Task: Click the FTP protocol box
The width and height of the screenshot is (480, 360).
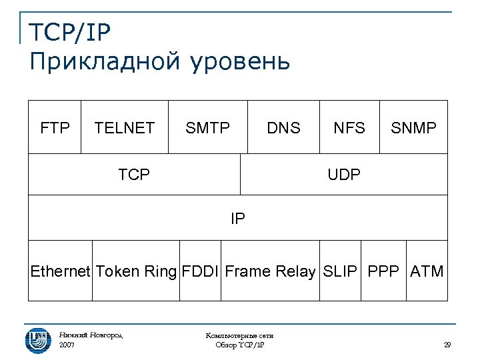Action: point(55,127)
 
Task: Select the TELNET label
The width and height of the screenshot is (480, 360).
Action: point(125,127)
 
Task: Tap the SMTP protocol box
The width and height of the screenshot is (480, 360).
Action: point(207,127)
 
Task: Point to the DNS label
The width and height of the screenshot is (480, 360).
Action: point(283,127)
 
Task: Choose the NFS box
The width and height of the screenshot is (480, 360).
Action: point(349,127)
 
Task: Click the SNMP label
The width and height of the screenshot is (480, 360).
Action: point(413,127)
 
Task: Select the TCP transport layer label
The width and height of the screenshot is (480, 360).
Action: point(134,175)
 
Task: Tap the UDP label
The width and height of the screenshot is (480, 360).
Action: point(344,175)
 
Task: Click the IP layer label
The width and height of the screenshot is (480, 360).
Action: point(238,218)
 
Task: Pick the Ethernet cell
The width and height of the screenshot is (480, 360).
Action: point(60,271)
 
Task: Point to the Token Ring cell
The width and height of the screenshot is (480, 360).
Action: point(136,271)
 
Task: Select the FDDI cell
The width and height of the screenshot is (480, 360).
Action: point(200,271)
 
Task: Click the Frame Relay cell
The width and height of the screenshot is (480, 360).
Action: point(270,271)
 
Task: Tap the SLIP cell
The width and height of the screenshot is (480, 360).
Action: point(340,271)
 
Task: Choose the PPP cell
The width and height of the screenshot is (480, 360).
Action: point(384,271)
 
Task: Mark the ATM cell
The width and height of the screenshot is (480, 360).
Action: point(427,271)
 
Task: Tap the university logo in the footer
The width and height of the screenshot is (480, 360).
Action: point(38,339)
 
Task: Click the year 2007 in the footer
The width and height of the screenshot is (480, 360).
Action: point(67,345)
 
